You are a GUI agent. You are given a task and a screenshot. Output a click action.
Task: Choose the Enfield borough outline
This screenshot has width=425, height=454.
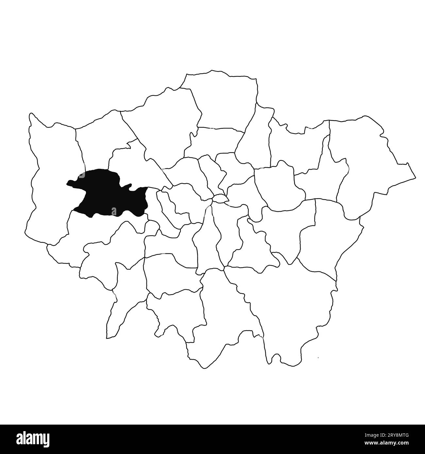pyautogui.click(x=222, y=98)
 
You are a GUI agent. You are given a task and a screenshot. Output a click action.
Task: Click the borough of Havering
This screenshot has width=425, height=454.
pyautogui.click(x=366, y=163)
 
